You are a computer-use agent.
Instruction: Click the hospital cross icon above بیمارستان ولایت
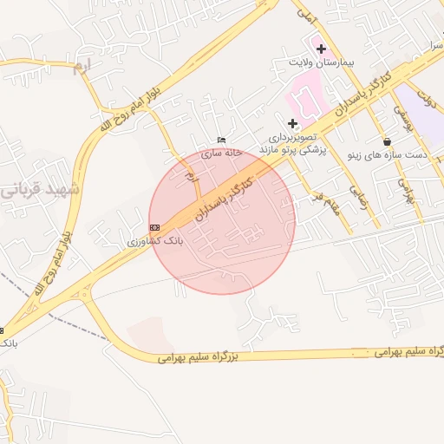(x=321, y=49)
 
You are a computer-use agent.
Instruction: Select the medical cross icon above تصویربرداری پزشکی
(x=292, y=124)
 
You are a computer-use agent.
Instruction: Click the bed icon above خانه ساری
(x=221, y=140)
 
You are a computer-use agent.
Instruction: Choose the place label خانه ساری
(x=220, y=153)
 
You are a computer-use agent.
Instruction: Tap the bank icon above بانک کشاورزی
(x=154, y=227)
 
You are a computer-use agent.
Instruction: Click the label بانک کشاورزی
(x=153, y=241)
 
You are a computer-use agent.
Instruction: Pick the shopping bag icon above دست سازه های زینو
(x=386, y=140)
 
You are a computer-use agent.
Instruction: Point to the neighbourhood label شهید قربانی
(x=39, y=188)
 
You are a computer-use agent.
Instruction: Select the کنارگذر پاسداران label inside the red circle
(x=225, y=196)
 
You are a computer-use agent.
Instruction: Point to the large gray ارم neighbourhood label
(x=81, y=66)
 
